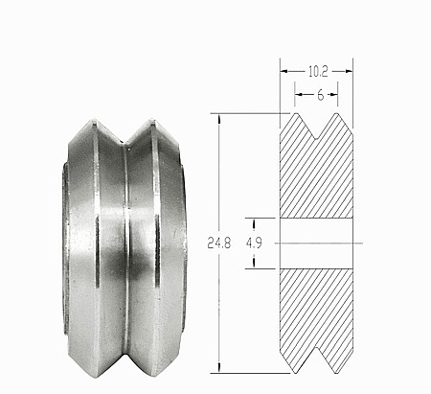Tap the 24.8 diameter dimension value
click(222, 243)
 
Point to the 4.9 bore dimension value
click(254, 243)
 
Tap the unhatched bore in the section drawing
click(317, 243)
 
